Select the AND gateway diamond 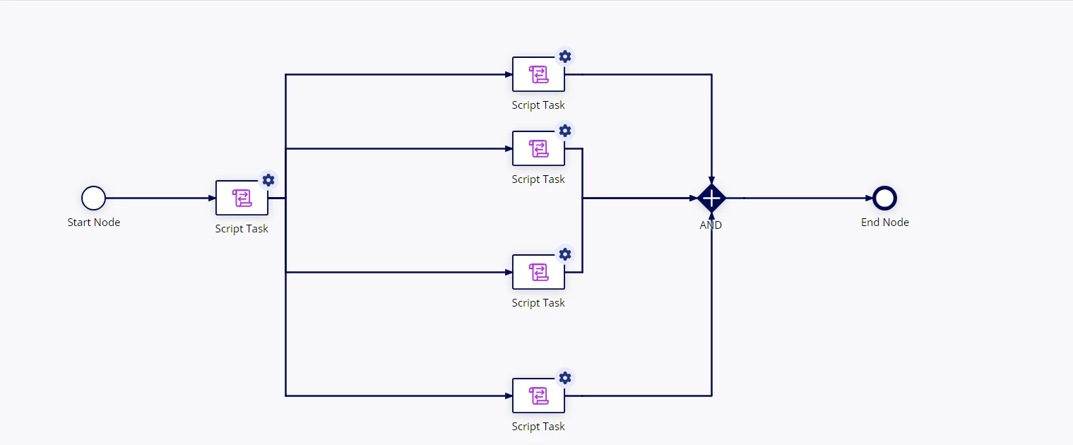[x=712, y=198]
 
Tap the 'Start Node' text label [x=94, y=222]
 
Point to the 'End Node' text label [x=884, y=222]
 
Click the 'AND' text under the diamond [x=711, y=225]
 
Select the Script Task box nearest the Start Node [x=242, y=198]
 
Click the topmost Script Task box [x=538, y=74]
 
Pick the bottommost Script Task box [x=538, y=396]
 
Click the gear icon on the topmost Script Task [x=565, y=57]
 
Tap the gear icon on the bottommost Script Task [x=565, y=378]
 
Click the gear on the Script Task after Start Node [x=268, y=180]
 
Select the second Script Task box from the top [x=538, y=148]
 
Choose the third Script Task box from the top [x=538, y=272]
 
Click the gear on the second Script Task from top [x=565, y=131]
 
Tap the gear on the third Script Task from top [x=565, y=254]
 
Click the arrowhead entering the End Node [x=869, y=198]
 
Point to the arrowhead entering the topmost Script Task [x=509, y=74]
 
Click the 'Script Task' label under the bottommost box [x=538, y=427]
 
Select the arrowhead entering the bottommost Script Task [x=509, y=396]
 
